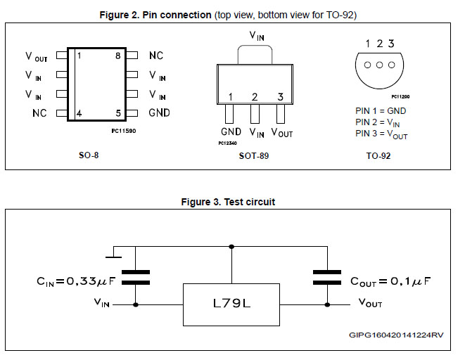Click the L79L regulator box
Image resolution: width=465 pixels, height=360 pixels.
point(231,304)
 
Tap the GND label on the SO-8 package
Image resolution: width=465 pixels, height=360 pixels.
point(159,112)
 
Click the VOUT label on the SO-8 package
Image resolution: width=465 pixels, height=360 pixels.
point(37,56)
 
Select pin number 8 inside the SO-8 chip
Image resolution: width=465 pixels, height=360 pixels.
point(118,56)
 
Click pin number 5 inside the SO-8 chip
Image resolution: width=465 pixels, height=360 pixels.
point(118,112)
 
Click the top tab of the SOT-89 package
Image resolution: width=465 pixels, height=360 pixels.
point(253,54)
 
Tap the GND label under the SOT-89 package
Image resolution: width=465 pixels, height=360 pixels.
point(231,131)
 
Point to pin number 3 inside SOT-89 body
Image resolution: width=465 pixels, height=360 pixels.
point(280,97)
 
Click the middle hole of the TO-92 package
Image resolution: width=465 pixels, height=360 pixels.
point(380,65)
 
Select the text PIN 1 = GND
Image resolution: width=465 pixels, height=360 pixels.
point(381,110)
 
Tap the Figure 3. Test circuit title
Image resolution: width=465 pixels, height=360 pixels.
point(228,202)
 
